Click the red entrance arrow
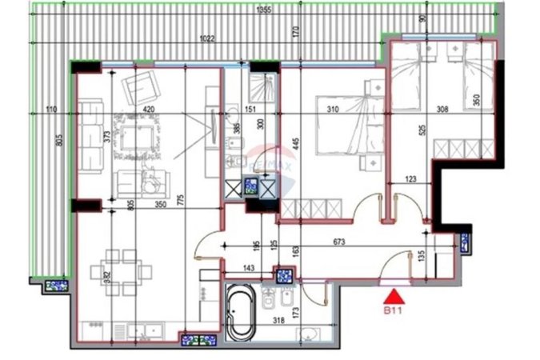point(391,294)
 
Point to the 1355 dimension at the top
point(264,10)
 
